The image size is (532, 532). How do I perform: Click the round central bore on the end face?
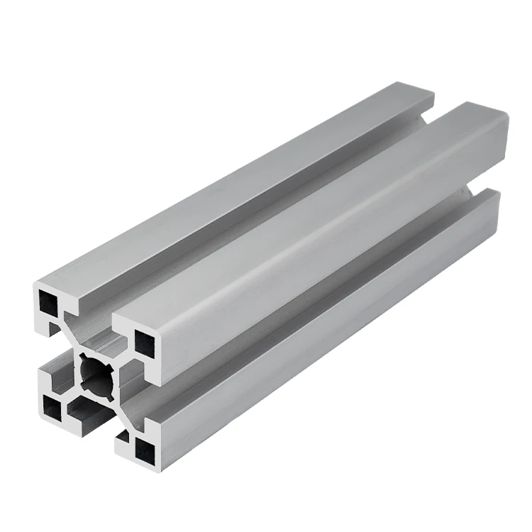(x=94, y=370)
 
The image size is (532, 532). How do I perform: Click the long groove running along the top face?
(x=270, y=206)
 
